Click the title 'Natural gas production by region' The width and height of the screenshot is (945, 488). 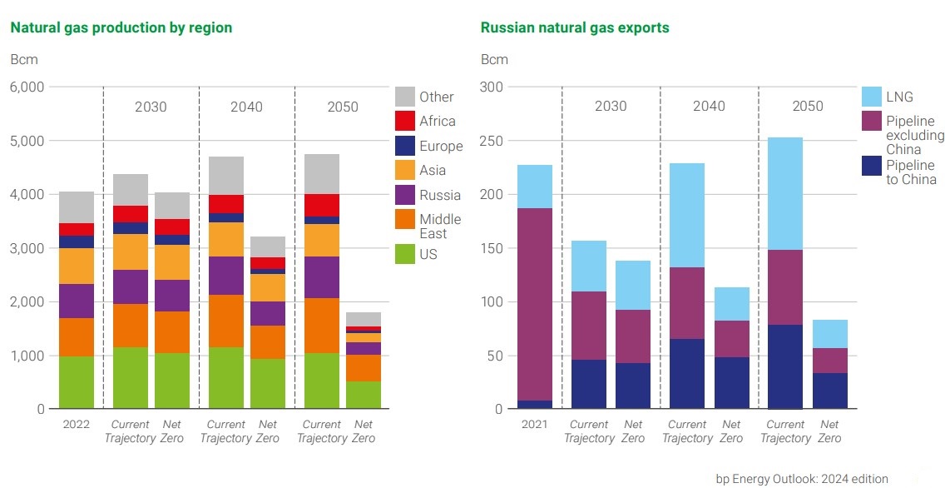[121, 27]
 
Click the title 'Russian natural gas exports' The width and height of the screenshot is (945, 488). [575, 27]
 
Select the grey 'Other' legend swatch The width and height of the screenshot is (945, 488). [405, 97]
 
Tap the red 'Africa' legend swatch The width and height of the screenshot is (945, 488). [405, 121]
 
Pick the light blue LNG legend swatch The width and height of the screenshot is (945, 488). [871, 97]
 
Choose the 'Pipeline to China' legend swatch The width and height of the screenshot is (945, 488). [871, 167]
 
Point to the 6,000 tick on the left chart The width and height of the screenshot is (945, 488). [27, 87]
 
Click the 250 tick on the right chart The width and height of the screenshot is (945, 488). [493, 141]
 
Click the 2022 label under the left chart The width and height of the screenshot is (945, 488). [77, 424]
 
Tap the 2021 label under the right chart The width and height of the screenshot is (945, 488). [534, 424]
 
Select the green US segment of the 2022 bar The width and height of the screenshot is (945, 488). [77, 382]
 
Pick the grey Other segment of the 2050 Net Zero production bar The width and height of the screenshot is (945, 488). [364, 319]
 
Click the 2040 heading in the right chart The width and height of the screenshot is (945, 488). [709, 107]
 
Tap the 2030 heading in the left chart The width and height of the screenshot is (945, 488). [151, 107]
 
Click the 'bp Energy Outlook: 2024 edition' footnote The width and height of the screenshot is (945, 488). [802, 479]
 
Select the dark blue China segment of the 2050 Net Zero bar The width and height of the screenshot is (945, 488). [829, 391]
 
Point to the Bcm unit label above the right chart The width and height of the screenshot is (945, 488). [494, 59]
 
